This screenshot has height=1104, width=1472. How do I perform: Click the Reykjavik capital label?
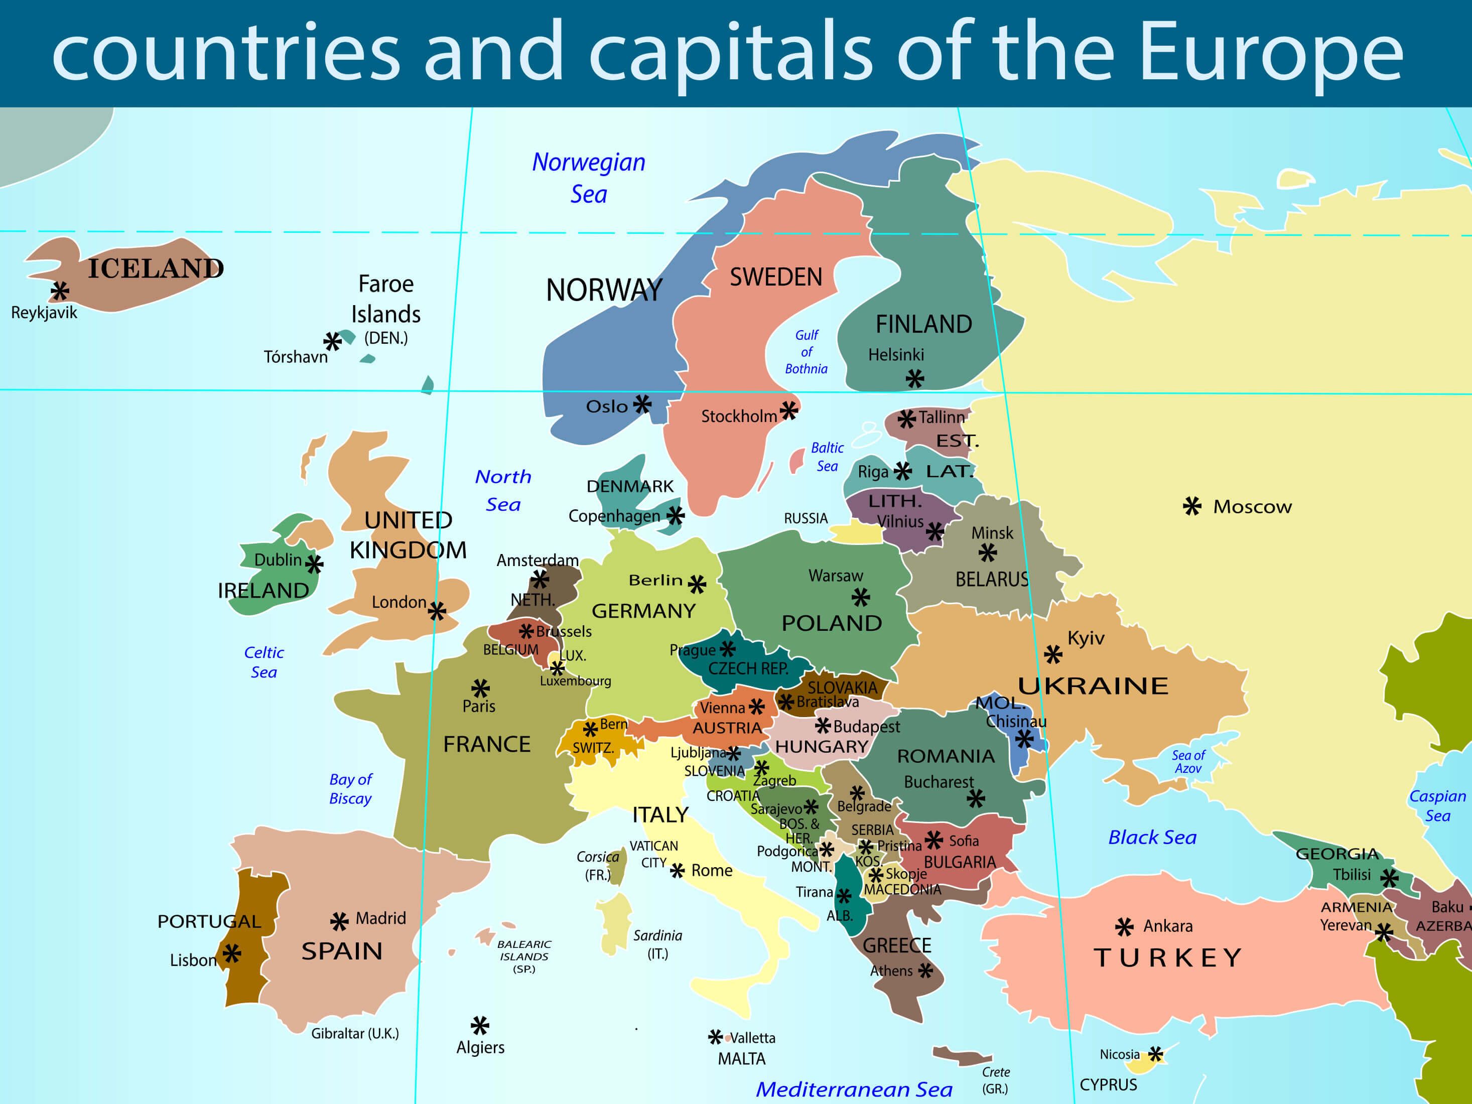pos(44,313)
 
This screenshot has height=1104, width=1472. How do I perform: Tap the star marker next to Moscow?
pos(1192,506)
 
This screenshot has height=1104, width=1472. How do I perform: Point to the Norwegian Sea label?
pos(588,178)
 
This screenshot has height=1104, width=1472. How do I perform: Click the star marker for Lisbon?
pos(231,953)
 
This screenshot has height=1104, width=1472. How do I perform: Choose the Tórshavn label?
pos(296,357)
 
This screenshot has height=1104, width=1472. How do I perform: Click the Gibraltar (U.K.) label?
pos(355,1033)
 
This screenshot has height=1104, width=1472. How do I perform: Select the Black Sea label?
pos(1152,837)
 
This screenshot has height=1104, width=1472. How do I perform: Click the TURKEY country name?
pos(1168,957)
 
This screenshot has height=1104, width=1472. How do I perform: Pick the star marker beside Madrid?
pos(339,921)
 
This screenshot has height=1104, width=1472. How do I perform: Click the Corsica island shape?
pos(619,867)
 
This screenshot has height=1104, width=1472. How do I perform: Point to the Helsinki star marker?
pos(915,379)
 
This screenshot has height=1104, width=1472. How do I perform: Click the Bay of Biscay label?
pos(350,788)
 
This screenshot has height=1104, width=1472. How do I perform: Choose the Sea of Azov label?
pos(1188,761)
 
